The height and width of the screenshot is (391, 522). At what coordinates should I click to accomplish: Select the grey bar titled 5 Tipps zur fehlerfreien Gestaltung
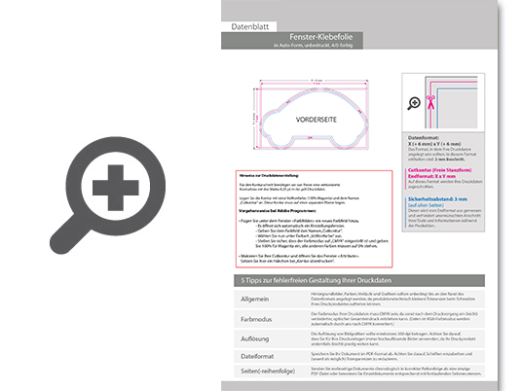(361, 280)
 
